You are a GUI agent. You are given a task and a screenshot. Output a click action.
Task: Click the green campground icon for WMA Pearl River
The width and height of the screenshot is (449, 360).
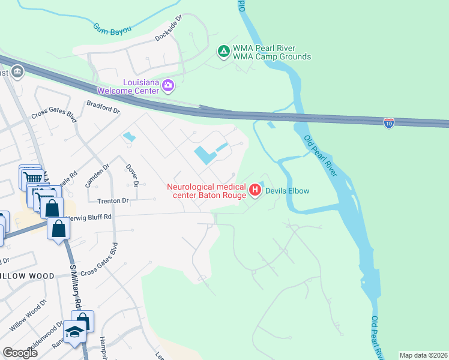tap(223, 52)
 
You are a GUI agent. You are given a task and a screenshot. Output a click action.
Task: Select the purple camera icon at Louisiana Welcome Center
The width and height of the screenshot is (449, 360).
tap(168, 87)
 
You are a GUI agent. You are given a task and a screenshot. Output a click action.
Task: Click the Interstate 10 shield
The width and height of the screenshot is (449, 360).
tap(389, 122)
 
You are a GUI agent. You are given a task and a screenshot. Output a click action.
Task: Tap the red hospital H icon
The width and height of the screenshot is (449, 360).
tap(255, 191)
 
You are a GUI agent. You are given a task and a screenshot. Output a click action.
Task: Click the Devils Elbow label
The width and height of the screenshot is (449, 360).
tap(288, 191)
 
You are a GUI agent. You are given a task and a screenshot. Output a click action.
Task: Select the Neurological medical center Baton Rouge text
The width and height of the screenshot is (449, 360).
tap(206, 191)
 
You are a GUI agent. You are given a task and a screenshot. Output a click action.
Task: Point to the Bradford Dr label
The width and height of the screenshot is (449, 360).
tap(103, 107)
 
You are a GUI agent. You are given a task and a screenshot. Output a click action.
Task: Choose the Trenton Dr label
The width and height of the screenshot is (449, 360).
tap(109, 200)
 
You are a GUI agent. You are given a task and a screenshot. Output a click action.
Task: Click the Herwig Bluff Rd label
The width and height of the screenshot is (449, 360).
tap(90, 217)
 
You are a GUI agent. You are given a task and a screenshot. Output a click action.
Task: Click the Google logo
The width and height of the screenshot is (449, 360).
tap(20, 353)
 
